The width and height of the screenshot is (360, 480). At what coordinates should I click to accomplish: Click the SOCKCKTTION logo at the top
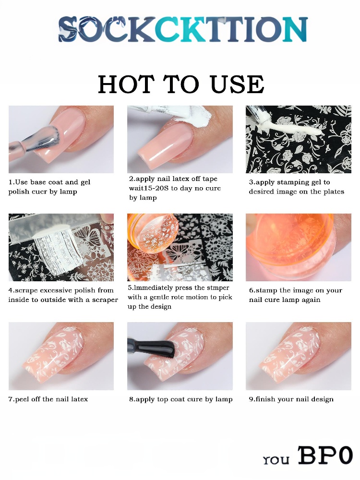[183, 29]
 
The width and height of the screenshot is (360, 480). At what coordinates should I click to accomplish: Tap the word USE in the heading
[237, 84]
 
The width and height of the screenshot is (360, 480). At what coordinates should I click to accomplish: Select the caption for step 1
[49, 187]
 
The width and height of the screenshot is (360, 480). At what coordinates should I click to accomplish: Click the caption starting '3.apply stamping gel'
[296, 187]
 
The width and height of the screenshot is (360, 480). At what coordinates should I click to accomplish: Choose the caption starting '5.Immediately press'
[180, 297]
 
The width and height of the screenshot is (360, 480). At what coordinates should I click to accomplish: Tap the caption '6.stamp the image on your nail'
[295, 295]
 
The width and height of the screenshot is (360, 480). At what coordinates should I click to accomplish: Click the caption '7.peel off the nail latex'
[48, 399]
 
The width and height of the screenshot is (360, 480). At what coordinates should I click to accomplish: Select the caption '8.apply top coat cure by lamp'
[180, 399]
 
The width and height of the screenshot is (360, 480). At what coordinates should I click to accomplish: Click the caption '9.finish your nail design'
[291, 399]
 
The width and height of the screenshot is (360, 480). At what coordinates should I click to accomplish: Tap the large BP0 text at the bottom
[325, 456]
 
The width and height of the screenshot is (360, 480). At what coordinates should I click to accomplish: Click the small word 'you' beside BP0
[276, 459]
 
